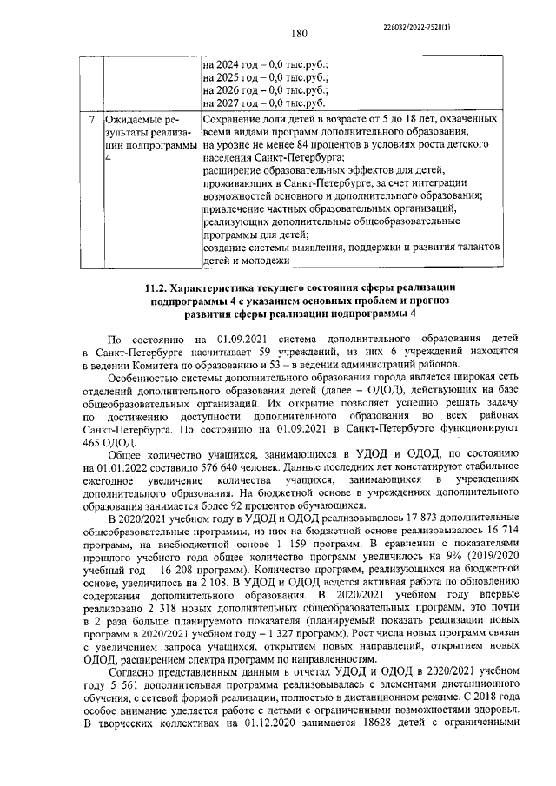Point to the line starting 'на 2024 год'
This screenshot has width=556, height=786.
coord(267,64)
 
